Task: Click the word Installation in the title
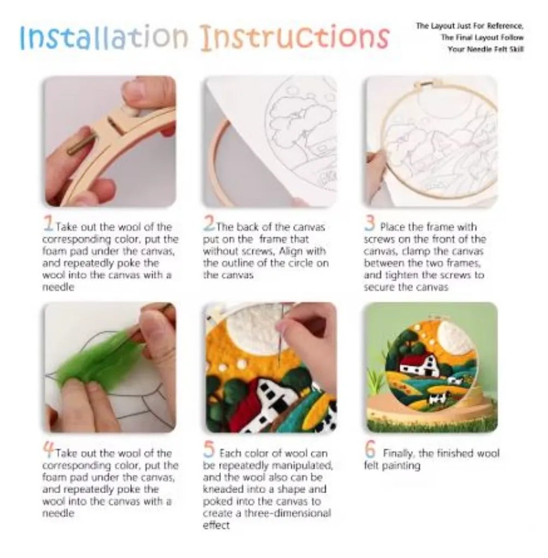(x=104, y=37)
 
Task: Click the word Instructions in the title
(x=294, y=37)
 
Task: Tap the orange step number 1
(x=49, y=225)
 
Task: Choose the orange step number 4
(x=49, y=451)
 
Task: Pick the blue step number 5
(x=209, y=451)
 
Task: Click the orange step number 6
(x=370, y=451)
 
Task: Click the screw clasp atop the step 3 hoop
(x=429, y=84)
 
